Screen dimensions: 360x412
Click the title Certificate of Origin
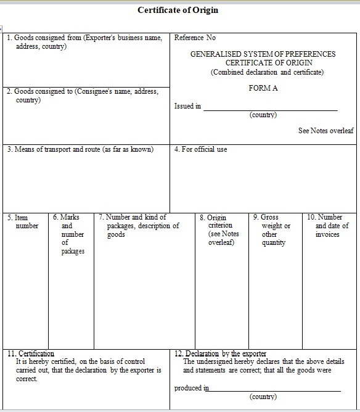(x=178, y=10)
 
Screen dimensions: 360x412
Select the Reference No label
(x=195, y=38)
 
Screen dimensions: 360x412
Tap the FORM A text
(x=263, y=88)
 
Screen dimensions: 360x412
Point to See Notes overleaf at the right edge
(x=325, y=131)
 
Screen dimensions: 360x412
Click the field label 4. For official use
(x=200, y=149)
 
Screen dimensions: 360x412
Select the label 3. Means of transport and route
(x=80, y=149)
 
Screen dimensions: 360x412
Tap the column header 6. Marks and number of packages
(x=70, y=234)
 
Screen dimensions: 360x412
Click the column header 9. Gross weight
(x=273, y=230)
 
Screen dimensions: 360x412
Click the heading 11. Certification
(x=31, y=354)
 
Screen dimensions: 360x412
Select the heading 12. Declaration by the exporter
(x=220, y=354)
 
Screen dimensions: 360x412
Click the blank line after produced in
(x=274, y=389)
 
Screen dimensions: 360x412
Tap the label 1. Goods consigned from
(x=84, y=38)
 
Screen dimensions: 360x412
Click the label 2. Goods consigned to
(x=83, y=92)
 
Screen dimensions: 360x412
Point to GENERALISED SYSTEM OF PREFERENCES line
(x=263, y=54)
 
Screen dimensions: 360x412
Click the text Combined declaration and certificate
(x=267, y=72)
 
